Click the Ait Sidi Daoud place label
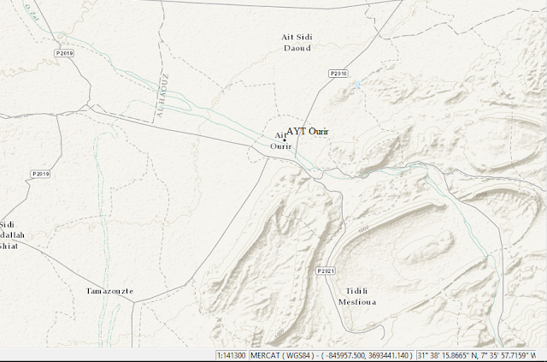(297, 42)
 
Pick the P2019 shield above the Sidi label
(41, 174)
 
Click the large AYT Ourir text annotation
(308, 131)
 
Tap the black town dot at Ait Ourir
(284, 139)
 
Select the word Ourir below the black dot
(281, 147)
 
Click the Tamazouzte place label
(109, 291)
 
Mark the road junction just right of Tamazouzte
(137, 301)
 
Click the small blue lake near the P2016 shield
(356, 86)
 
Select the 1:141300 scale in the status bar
(230, 355)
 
